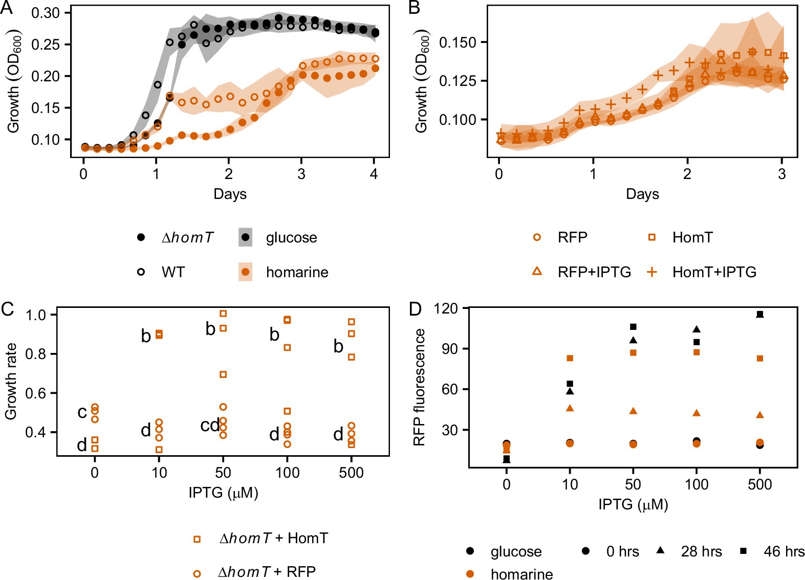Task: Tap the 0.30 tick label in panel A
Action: [x=46, y=13]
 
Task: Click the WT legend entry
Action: [x=172, y=272]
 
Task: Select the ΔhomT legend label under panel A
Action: [x=187, y=238]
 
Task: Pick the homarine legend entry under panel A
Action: [x=296, y=272]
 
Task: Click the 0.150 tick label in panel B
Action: [x=458, y=42]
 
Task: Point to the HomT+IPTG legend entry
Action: [x=714, y=272]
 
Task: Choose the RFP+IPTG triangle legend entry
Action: [x=537, y=272]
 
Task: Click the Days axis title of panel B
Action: [x=642, y=194]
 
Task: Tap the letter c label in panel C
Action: [x=82, y=412]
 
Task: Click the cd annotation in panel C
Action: [x=210, y=425]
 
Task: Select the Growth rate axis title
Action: [x=11, y=382]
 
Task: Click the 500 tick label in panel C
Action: [x=351, y=473]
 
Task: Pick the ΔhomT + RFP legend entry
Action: [x=267, y=572]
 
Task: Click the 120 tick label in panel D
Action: [x=445, y=308]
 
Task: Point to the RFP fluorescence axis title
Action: [x=420, y=387]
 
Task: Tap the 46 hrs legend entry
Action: [x=784, y=551]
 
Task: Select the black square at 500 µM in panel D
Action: [x=759, y=315]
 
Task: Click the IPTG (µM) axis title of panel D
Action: [x=633, y=505]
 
